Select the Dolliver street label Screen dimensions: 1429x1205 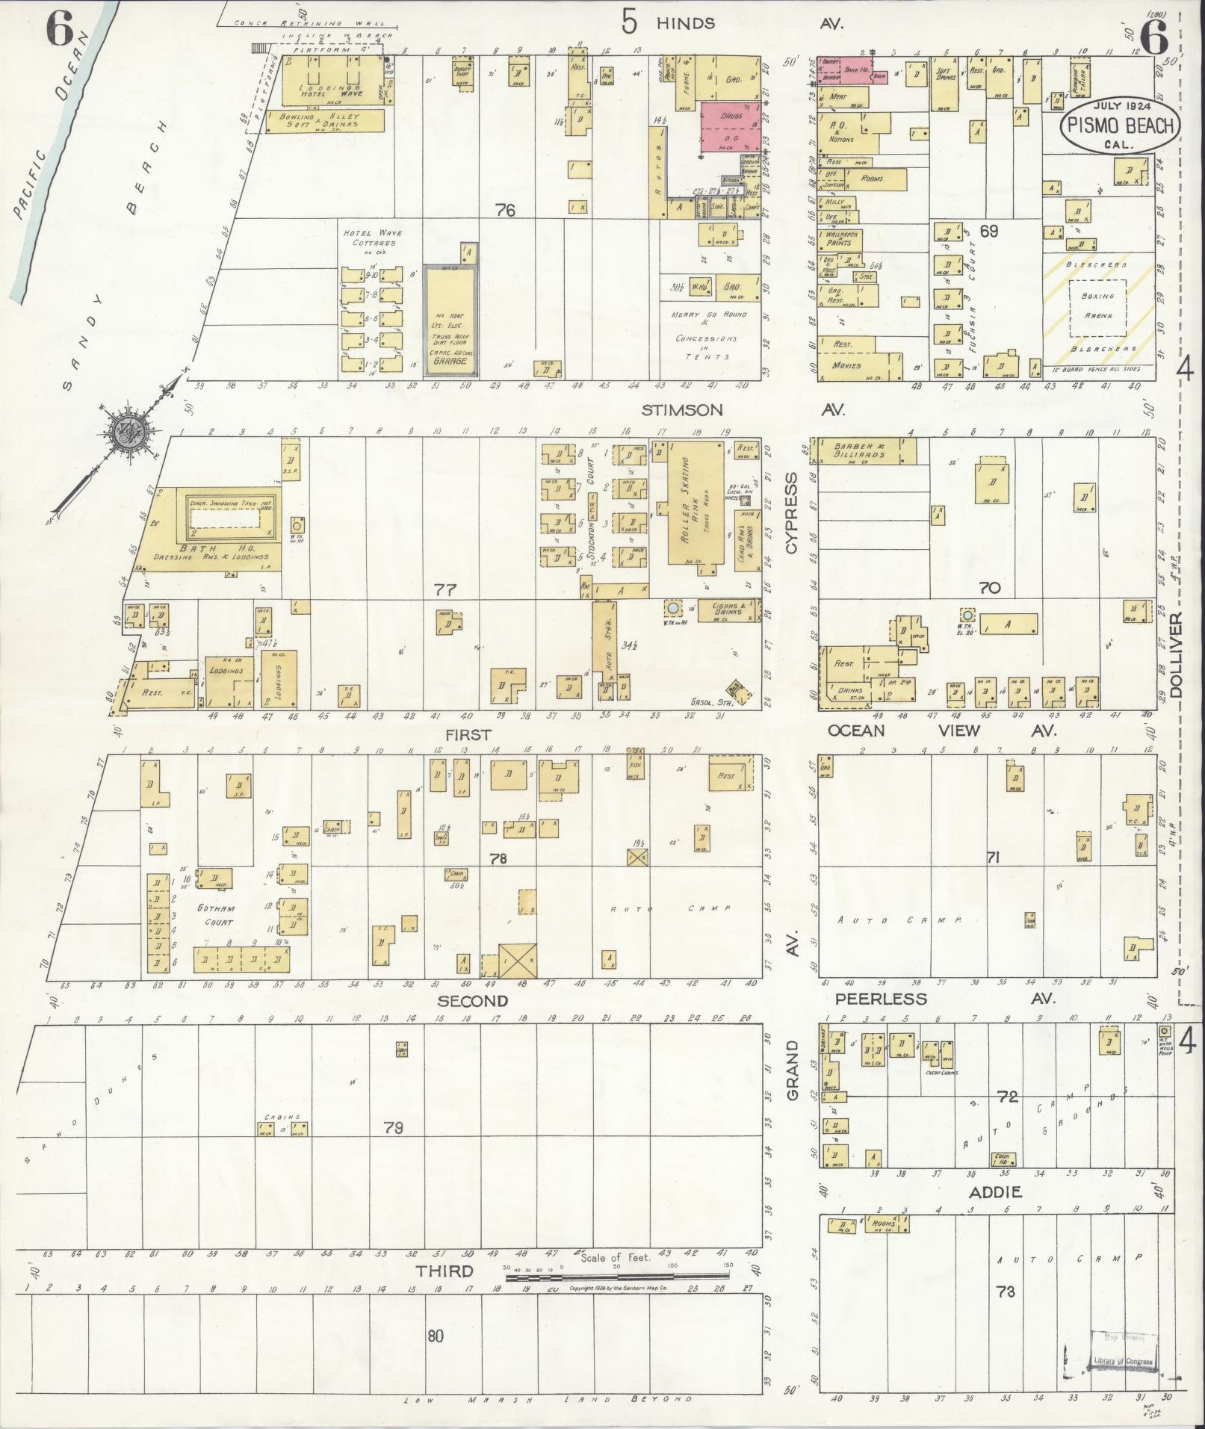coord(1177,655)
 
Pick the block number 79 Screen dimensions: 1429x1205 coord(393,1127)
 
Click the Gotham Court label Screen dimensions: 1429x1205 coord(217,914)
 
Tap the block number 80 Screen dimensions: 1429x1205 coord(435,1335)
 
